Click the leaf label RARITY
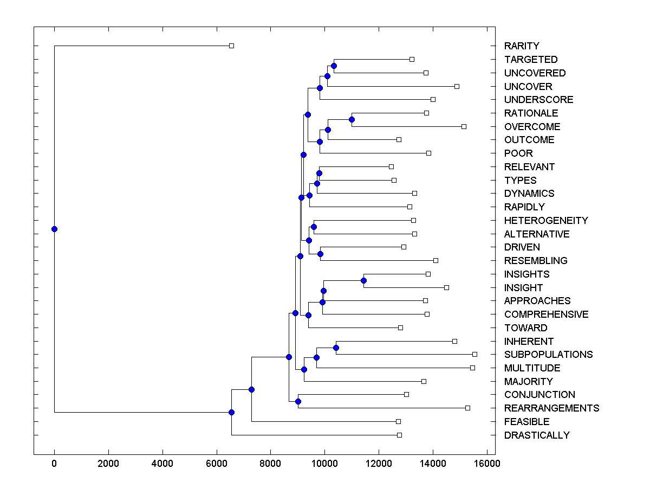pos(521,46)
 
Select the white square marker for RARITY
pos(231,46)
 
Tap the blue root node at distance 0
pos(54,229)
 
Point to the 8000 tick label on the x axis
pos(270,463)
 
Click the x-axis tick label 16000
pos(486,463)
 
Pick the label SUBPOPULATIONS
pos(548,355)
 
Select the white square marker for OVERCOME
pos(464,126)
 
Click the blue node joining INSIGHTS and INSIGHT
pos(363,280)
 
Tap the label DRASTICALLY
pos(537,435)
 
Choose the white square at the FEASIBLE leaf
pos(398,421)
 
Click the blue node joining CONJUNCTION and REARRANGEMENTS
pos(298,401)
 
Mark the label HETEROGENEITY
pos(546,221)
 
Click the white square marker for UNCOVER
pos(457,86)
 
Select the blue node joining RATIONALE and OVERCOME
pos(352,119)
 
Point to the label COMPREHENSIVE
pos(546,314)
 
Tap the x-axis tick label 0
pos(54,463)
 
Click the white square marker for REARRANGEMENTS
pos(467,408)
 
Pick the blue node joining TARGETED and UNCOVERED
pos(334,66)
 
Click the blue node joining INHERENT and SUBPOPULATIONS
pos(336,348)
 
